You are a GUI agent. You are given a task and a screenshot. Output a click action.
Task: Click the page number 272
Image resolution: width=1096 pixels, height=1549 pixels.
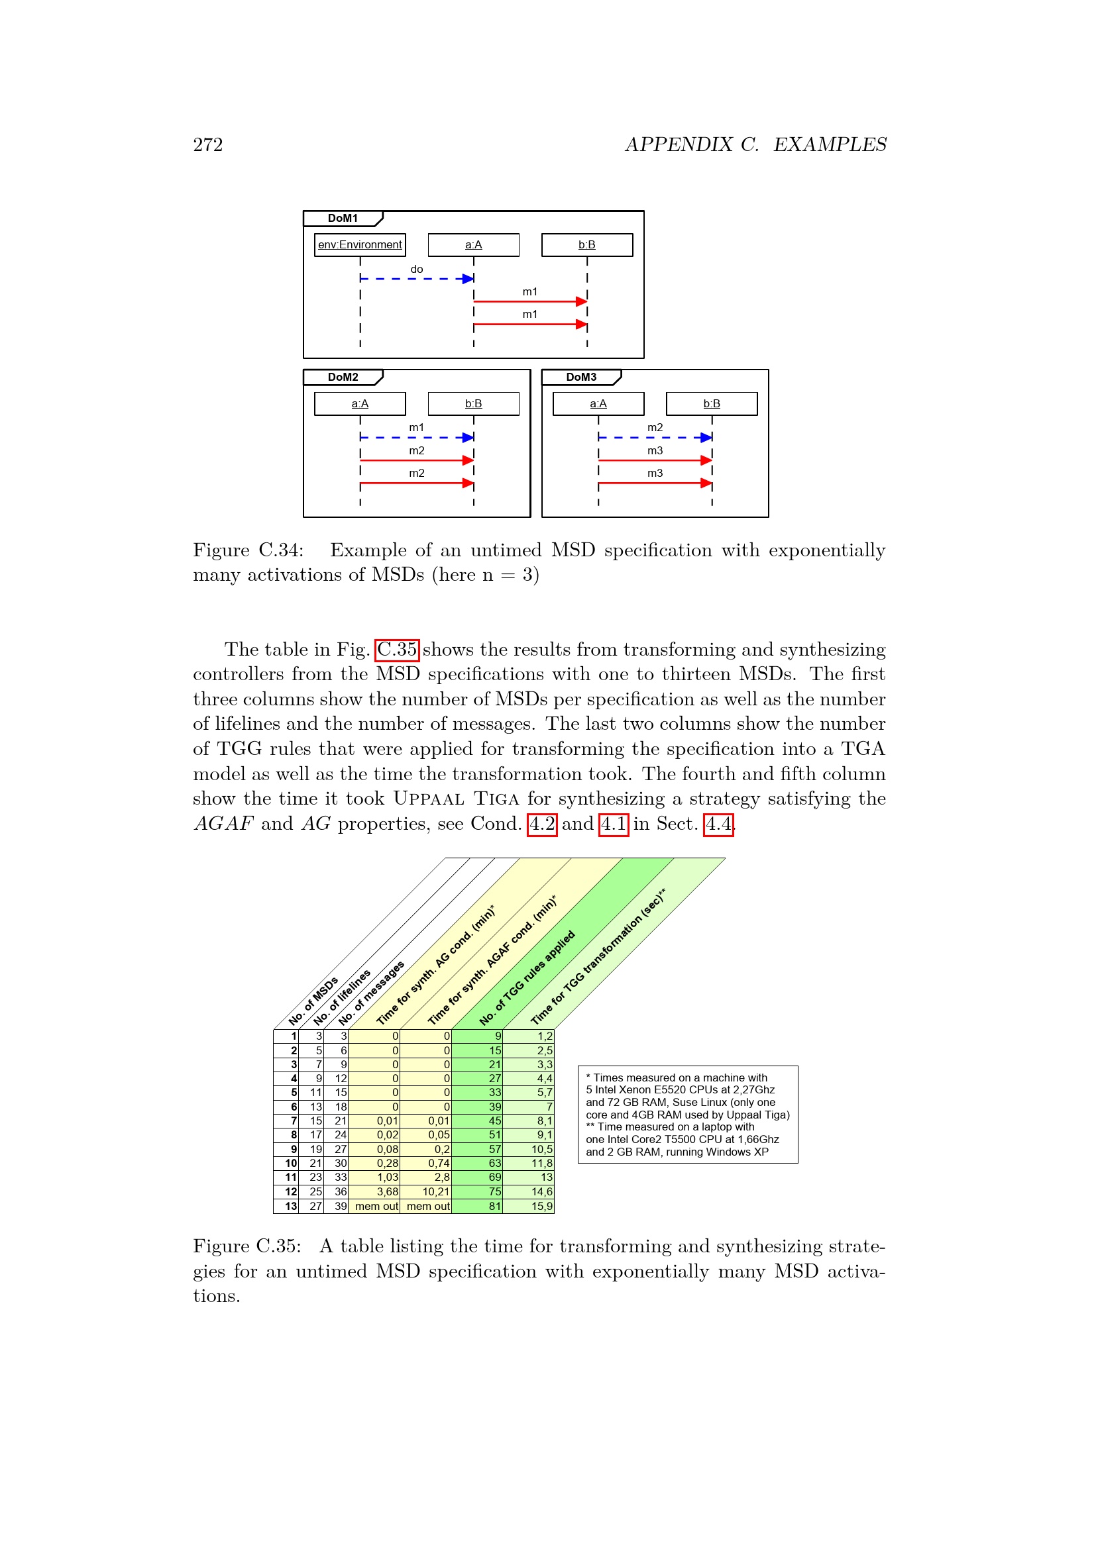[x=208, y=145]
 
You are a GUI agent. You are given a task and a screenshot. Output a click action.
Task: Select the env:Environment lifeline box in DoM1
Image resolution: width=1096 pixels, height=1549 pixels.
[x=360, y=245]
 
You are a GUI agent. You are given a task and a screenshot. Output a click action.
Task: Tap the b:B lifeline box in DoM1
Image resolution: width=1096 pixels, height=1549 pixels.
[x=586, y=245]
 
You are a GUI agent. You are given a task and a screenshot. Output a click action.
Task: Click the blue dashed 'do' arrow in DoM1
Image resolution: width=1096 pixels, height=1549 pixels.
[x=416, y=279]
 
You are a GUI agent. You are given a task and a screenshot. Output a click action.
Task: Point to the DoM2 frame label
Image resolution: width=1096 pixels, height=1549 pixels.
[x=343, y=377]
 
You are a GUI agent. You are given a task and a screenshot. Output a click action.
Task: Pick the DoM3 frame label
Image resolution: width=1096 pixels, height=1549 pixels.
[x=581, y=377]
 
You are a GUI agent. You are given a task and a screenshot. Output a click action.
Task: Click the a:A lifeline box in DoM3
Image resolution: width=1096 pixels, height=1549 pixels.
[x=598, y=404]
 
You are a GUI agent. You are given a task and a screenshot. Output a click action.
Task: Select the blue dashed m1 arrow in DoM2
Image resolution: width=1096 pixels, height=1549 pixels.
[x=416, y=438]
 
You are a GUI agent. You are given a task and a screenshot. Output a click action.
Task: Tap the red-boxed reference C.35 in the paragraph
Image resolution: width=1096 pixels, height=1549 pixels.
[x=397, y=650]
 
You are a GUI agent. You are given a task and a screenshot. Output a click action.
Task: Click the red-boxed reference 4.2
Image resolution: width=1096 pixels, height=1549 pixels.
[x=542, y=824]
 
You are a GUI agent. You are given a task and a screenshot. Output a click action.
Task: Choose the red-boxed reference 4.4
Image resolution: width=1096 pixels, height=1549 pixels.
[x=718, y=824]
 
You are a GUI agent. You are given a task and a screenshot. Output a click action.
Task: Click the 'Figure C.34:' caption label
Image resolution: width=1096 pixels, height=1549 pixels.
[x=248, y=550]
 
